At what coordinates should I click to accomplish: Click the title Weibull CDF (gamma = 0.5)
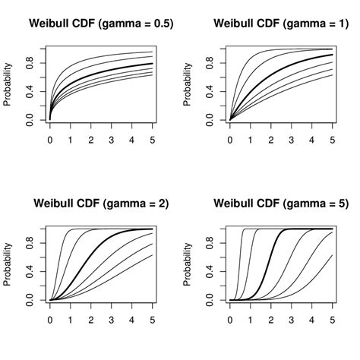[x=101, y=24]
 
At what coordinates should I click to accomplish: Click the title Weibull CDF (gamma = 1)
[x=281, y=24]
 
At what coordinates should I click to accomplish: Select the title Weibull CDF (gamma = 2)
[x=101, y=204]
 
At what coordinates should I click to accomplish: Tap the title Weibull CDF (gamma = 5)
[x=281, y=204]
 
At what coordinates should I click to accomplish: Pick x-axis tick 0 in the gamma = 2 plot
[x=50, y=320]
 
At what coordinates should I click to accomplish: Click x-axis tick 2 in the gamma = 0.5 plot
[x=91, y=140]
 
